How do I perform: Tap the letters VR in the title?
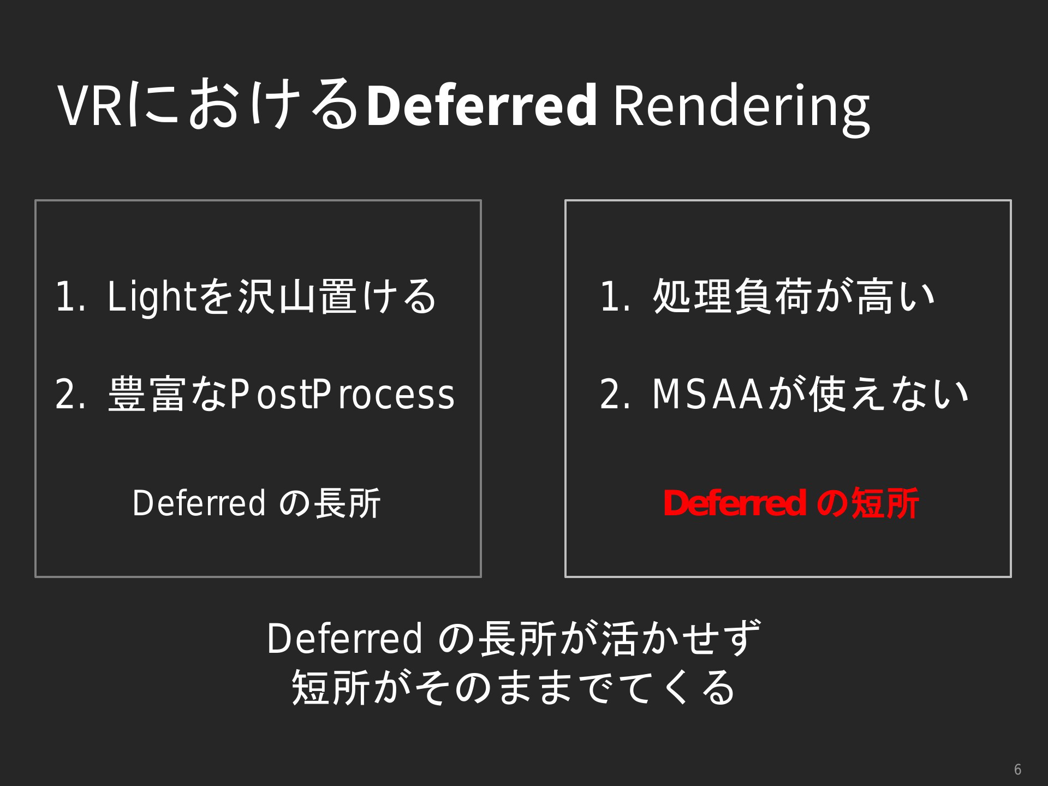pyautogui.click(x=91, y=105)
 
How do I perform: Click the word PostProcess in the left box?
pyautogui.click(x=342, y=394)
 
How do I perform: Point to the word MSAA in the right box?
pyautogui.click(x=707, y=394)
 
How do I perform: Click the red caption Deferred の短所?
pyautogui.click(x=790, y=503)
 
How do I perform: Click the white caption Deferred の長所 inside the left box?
pyautogui.click(x=257, y=503)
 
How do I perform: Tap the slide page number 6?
pyautogui.click(x=1017, y=770)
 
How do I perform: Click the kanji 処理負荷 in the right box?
pyautogui.click(x=734, y=297)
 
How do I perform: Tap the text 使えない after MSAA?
pyautogui.click(x=889, y=394)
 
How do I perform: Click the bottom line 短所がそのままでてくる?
pyautogui.click(x=514, y=687)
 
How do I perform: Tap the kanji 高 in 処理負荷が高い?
pyautogui.click(x=875, y=297)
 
